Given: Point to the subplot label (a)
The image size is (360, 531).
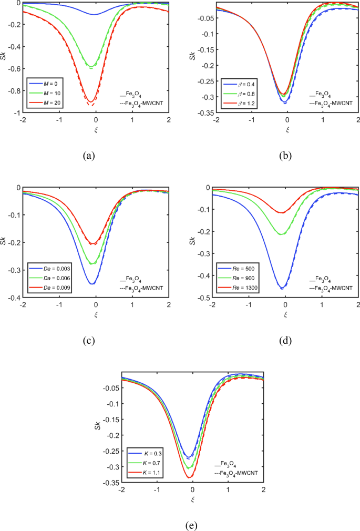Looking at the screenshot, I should click(x=88, y=155).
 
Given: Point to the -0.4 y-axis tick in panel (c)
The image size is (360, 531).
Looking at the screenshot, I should click(x=12, y=298).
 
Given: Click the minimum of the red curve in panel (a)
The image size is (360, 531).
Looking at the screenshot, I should click(x=91, y=101).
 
